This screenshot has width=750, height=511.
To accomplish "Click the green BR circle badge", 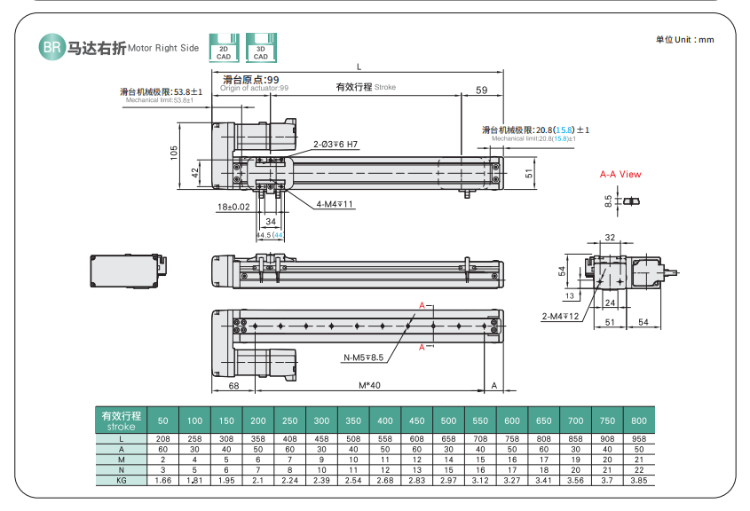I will pos(51,47).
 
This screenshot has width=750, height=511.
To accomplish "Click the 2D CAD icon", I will pos(224,47).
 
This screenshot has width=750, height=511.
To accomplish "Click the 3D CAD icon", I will pos(260,47).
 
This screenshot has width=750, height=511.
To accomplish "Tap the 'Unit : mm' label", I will pos(684,39).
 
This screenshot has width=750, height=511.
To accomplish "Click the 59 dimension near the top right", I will pos(481,90).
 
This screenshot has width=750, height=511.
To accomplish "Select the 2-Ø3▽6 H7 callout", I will pos(335,144).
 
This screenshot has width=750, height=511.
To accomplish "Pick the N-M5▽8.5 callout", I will pos(363,358).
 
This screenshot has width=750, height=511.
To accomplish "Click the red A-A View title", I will pos(620,175).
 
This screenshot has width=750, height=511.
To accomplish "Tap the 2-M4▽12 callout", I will pos(560,316).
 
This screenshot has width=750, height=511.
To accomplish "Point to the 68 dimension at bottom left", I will pos(233,386).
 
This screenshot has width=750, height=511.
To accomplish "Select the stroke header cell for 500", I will pos(449,420).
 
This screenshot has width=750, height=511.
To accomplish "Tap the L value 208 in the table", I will pos(162,439).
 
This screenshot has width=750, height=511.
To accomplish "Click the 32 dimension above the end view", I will pos(610,238).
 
